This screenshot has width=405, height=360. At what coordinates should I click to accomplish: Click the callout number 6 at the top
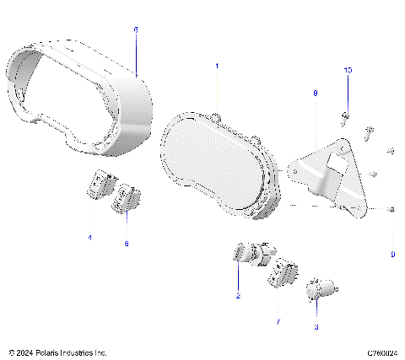(x=136, y=29)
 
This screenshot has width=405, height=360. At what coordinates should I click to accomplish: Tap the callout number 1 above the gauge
(x=216, y=65)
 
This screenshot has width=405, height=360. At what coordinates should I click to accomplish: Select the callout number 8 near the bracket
(x=315, y=94)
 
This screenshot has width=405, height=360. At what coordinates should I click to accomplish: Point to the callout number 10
(x=346, y=71)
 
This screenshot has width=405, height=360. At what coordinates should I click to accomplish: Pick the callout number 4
(x=89, y=239)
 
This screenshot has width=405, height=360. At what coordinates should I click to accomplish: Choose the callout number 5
(x=127, y=243)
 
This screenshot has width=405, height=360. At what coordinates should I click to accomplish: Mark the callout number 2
(x=238, y=296)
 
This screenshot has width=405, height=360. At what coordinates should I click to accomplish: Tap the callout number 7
(x=278, y=321)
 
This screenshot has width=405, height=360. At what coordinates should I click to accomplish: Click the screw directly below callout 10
(x=347, y=115)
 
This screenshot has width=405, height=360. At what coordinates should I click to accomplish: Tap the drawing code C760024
(x=381, y=352)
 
